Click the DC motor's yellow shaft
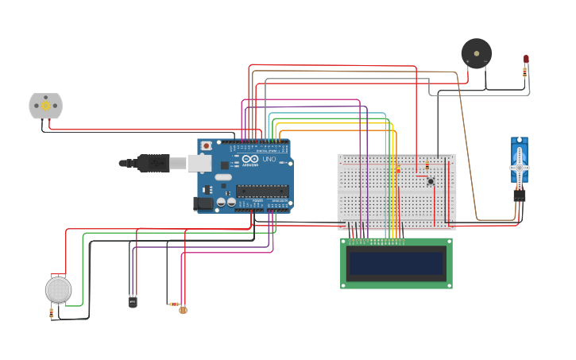click(x=45, y=105)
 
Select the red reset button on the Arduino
click(x=207, y=145)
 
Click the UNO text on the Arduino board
click(x=269, y=159)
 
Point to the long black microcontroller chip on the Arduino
click(x=261, y=191)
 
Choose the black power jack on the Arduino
click(x=203, y=203)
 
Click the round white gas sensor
click(x=58, y=289)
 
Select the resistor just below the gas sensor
click(x=52, y=312)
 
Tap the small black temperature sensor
click(x=132, y=301)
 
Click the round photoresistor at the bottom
click(x=184, y=310)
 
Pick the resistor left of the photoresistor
click(x=174, y=304)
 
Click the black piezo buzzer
click(x=477, y=53)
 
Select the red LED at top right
click(x=526, y=59)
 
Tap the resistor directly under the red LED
click(x=524, y=72)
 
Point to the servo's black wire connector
click(x=520, y=194)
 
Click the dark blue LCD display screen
click(x=396, y=263)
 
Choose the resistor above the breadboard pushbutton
click(x=427, y=165)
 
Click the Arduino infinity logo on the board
click(x=250, y=160)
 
